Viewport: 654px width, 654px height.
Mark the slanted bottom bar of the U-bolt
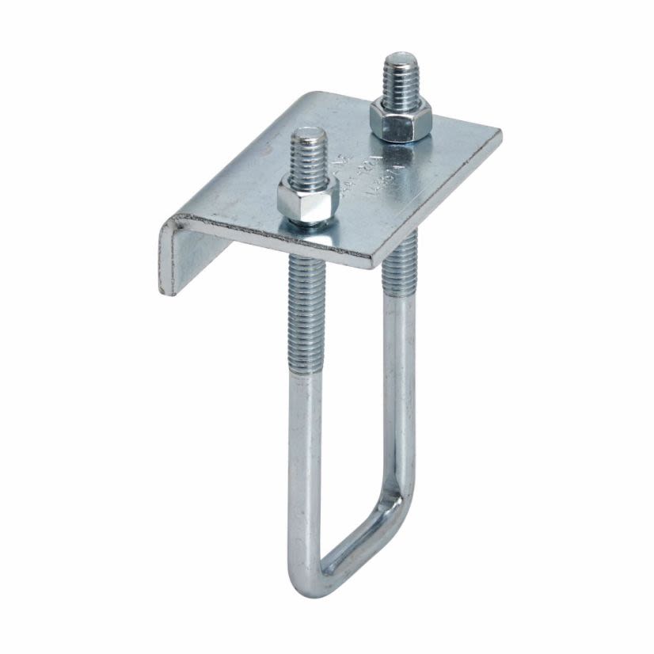tap(356, 546)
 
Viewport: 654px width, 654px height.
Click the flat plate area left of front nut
tap(238, 190)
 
